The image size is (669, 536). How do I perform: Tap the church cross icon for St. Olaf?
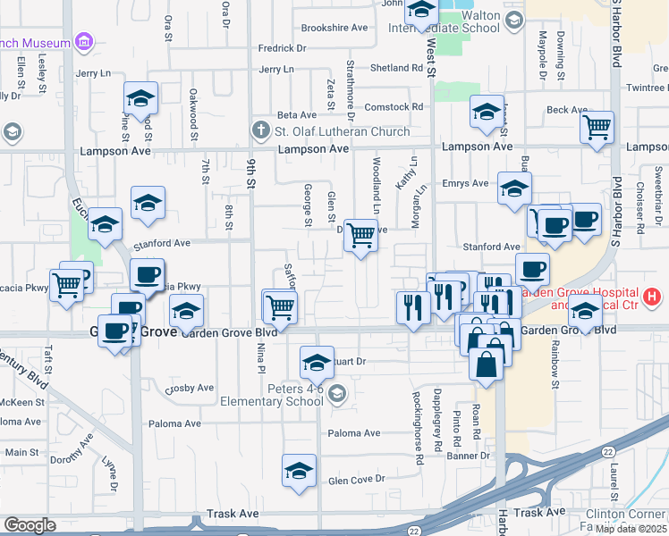[261, 131]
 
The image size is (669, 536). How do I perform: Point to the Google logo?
[30, 525]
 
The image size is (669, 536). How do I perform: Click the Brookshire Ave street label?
[334, 28]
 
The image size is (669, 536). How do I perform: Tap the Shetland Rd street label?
[396, 68]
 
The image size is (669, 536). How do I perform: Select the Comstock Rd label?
[394, 107]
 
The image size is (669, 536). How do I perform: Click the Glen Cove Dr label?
[356, 480]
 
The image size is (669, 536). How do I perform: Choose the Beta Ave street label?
[297, 115]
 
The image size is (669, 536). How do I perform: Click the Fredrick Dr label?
[282, 48]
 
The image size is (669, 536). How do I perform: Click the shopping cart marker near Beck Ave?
[597, 126]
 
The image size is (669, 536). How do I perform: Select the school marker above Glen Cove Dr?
[300, 471]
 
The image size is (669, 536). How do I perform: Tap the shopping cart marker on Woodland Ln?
[360, 236]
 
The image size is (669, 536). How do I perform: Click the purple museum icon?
[84, 41]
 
